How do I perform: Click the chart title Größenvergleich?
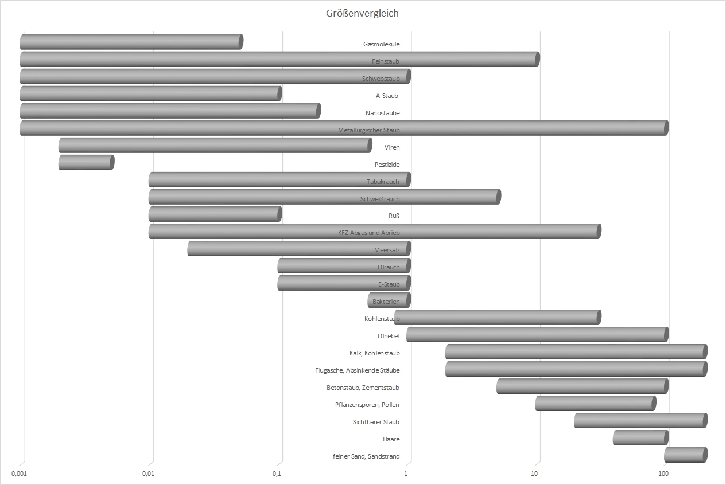362,14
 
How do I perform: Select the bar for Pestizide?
86,163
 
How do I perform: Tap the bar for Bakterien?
389,300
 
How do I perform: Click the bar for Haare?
640,438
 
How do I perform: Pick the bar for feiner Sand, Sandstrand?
685,455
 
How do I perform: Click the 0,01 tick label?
148,474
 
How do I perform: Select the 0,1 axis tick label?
277,474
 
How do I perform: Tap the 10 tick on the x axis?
534,474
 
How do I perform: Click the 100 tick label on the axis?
663,474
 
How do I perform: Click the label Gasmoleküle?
382,44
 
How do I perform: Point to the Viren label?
392,147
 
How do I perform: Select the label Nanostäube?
383,113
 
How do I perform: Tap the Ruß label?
394,216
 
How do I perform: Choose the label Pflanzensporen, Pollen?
367,405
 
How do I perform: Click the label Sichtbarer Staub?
376,422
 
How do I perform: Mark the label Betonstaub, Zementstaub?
363,388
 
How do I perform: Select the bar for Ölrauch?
344,266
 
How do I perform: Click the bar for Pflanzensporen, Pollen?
595,404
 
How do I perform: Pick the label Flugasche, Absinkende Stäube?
358,370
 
